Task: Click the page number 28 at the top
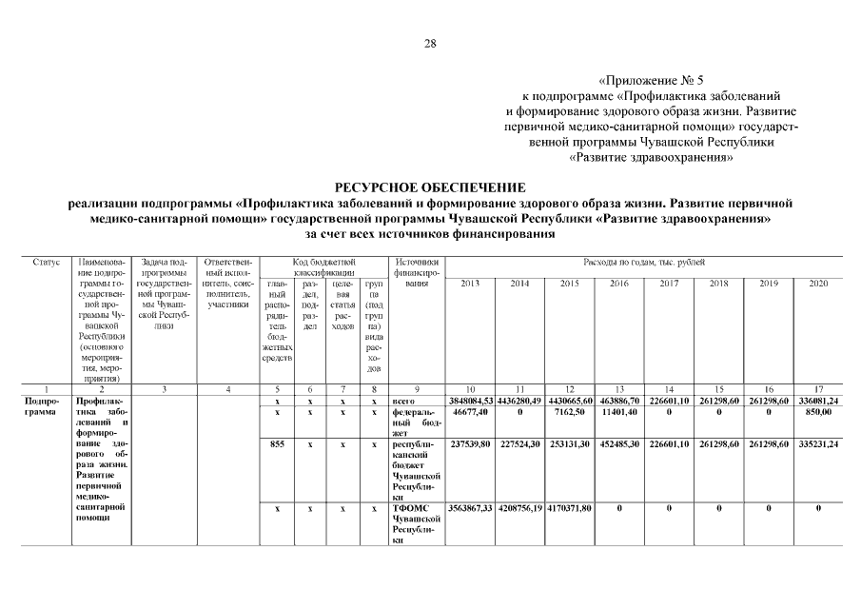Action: point(429,44)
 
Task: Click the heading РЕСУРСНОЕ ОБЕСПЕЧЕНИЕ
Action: point(429,187)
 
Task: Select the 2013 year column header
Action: point(470,284)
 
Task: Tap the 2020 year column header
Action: point(817,284)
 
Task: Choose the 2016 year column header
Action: point(618,284)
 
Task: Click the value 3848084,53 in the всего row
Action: point(470,403)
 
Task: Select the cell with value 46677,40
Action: point(470,414)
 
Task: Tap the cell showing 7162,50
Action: point(569,414)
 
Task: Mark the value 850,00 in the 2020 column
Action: point(817,414)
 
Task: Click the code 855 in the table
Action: point(277,443)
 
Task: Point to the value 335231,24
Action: point(817,443)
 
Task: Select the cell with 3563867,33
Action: point(470,509)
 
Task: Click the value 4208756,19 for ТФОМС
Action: point(519,509)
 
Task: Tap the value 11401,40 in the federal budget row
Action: point(618,414)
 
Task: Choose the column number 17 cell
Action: point(817,390)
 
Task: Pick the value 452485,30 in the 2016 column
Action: point(618,443)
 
